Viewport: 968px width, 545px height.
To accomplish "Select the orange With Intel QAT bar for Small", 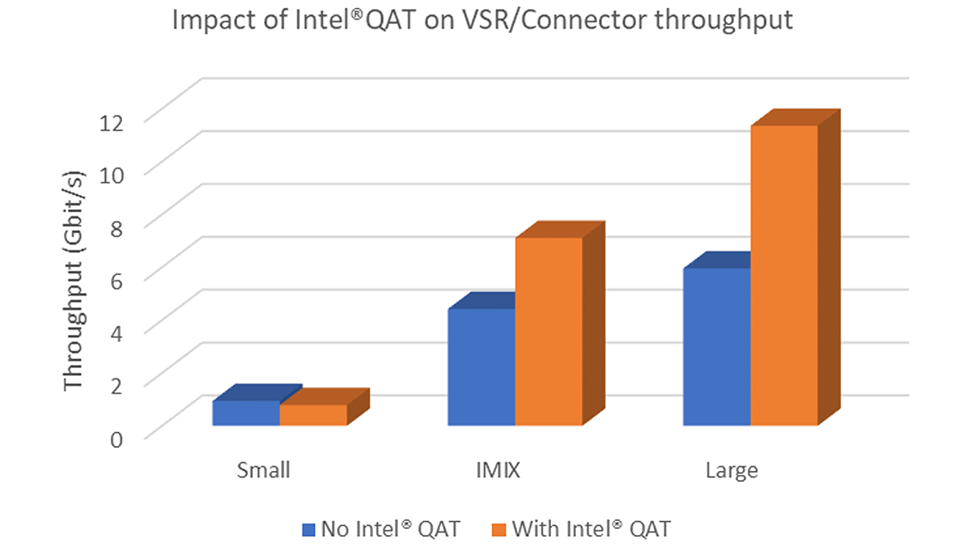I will click(313, 415).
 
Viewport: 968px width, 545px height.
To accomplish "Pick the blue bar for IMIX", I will click(481, 367).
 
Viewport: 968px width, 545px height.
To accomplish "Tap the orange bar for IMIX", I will click(549, 331).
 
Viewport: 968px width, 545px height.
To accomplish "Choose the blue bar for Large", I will click(717, 346).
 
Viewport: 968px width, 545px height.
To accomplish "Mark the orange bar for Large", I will click(784, 275).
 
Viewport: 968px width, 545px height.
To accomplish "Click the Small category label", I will click(263, 469).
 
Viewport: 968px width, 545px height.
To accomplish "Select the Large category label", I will click(732, 469).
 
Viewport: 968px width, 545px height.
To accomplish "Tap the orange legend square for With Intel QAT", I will click(497, 528).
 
